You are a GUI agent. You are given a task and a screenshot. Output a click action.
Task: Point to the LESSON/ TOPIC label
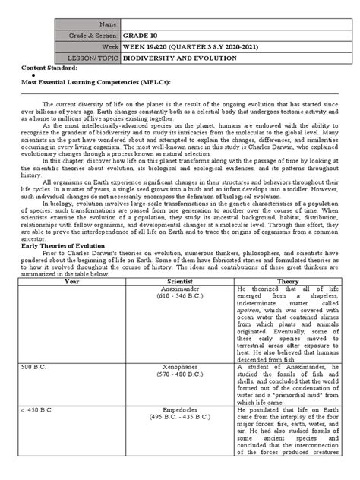[x=91, y=58]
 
